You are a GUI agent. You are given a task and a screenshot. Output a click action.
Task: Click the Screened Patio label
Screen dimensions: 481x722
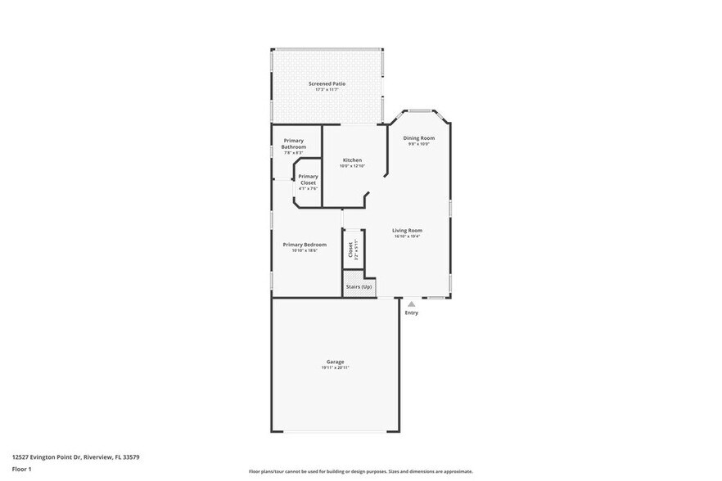(x=327, y=83)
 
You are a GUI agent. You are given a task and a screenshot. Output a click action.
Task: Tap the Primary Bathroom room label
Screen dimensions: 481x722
(x=294, y=143)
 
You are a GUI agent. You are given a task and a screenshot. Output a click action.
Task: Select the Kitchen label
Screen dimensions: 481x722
(x=352, y=160)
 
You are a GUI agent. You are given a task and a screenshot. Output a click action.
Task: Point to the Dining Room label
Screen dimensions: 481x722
(x=418, y=137)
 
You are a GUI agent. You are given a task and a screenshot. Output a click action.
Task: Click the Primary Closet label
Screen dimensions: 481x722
(x=308, y=179)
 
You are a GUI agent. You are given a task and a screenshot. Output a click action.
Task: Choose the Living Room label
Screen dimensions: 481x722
(x=407, y=230)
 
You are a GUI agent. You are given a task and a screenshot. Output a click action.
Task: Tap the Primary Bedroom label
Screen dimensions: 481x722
(x=305, y=244)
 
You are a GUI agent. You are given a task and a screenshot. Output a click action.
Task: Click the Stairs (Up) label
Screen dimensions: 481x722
(x=359, y=286)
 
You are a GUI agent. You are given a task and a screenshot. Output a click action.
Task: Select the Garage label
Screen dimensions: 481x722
(x=335, y=361)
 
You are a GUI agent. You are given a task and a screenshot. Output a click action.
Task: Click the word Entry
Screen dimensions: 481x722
(x=411, y=312)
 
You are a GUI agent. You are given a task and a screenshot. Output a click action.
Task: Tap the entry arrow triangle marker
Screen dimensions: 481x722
(x=411, y=303)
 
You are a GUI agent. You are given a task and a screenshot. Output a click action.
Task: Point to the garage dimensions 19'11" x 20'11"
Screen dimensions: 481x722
(x=335, y=368)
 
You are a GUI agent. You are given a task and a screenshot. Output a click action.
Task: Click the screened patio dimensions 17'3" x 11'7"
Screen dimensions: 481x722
(x=327, y=90)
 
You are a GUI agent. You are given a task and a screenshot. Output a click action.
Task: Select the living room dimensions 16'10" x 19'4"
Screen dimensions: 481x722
(x=407, y=236)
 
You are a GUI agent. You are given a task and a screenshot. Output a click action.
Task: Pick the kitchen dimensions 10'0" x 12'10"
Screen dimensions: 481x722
(x=352, y=166)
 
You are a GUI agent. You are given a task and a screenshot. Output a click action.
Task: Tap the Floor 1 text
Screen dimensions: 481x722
(x=21, y=469)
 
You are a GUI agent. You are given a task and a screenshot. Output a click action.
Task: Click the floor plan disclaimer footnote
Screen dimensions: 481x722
(x=360, y=471)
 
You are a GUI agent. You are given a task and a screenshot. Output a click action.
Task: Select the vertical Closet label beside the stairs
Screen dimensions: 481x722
(x=350, y=249)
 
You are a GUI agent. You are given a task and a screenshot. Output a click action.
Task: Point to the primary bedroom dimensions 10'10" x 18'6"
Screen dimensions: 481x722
(x=305, y=250)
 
